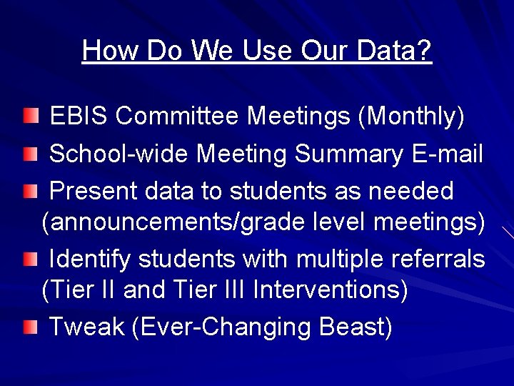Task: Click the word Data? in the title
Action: pos(396,51)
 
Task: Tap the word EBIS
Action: pos(79,116)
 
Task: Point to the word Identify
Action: pos(90,259)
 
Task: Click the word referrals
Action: pos(440,259)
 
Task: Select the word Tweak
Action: pos(87,327)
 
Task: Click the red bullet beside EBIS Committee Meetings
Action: pos(29,115)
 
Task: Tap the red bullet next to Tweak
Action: pos(29,327)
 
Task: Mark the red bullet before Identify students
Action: pos(29,259)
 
